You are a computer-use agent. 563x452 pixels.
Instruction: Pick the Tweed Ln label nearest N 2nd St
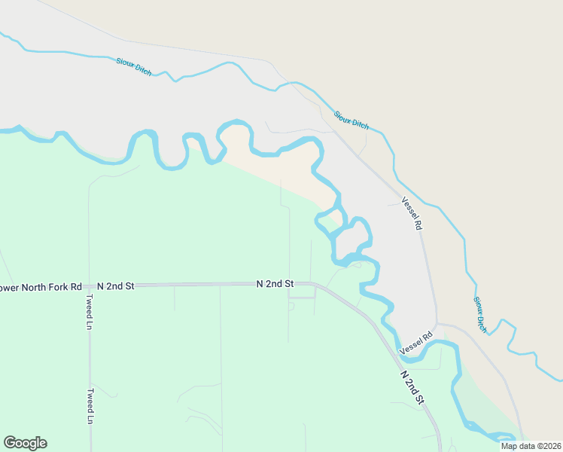89,313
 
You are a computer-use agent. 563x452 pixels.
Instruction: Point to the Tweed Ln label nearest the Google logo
90,406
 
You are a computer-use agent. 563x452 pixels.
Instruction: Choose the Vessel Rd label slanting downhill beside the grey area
412,213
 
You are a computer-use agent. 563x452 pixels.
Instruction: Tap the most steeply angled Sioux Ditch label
479,313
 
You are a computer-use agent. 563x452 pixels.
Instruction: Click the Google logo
25,443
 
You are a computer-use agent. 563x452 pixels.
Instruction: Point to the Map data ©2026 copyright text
530,446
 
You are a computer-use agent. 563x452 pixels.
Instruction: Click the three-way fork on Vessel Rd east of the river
438,324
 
